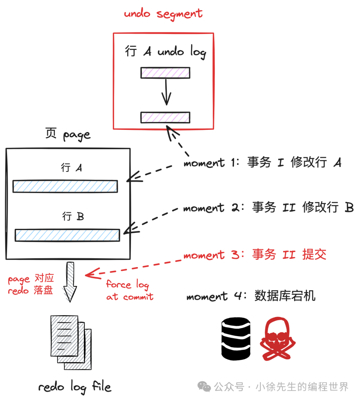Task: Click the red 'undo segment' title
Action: pyautogui.click(x=163, y=14)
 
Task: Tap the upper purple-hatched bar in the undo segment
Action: pyautogui.click(x=165, y=73)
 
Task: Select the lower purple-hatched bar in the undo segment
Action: pyautogui.click(x=165, y=118)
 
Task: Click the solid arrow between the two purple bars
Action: pyautogui.click(x=166, y=92)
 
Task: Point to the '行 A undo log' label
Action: pyautogui.click(x=166, y=52)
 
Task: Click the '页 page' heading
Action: pyautogui.click(x=68, y=135)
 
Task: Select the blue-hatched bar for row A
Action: pyautogui.click(x=65, y=186)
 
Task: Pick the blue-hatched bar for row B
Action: pyautogui.click(x=67, y=235)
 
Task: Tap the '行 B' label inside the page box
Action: pyautogui.click(x=73, y=216)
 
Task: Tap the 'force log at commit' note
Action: pyautogui.click(x=130, y=290)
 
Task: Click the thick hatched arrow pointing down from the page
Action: pyautogui.click(x=70, y=282)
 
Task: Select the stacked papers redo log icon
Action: pyautogui.click(x=71, y=342)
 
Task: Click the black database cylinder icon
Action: pyautogui.click(x=236, y=339)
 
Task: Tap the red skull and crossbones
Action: pyautogui.click(x=278, y=339)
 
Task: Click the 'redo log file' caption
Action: pyautogui.click(x=75, y=387)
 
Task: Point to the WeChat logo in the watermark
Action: pyautogui.click(x=204, y=386)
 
